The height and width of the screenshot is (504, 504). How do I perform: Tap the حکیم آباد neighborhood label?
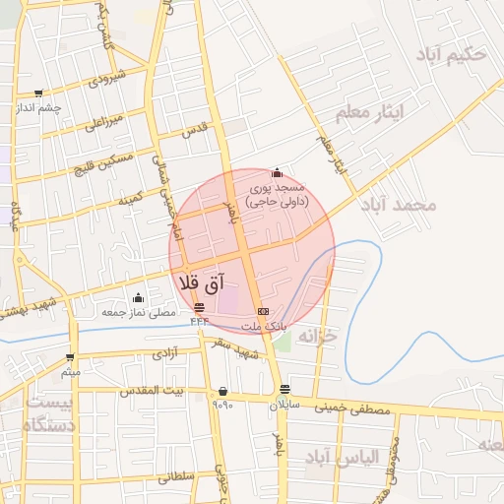tap(452, 55)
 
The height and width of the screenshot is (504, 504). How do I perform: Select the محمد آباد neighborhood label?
tap(398, 205)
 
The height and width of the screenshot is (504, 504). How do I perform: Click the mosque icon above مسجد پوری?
tap(277, 172)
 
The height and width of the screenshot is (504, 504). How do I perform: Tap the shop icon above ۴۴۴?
tap(200, 307)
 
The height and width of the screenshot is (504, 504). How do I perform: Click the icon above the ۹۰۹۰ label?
tap(222, 391)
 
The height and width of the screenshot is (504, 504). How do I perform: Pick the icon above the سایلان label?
tap(284, 389)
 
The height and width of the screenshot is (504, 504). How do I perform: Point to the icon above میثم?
tap(70, 357)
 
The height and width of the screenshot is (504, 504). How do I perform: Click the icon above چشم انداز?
tap(38, 94)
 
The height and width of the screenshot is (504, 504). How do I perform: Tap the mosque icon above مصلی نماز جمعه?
tap(138, 298)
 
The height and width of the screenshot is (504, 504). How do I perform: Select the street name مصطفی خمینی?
tap(351, 409)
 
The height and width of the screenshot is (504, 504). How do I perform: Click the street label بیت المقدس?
tap(152, 392)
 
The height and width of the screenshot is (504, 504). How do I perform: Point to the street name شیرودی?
tap(106, 79)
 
